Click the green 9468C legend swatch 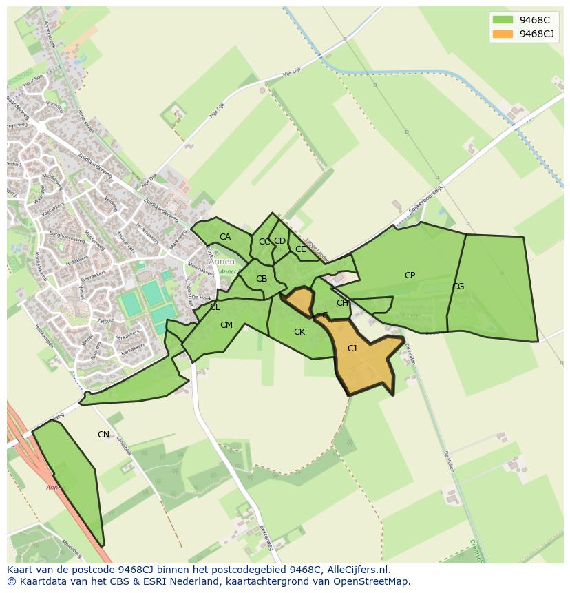pyautogui.click(x=503, y=19)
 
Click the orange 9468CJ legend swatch pyautogui.click(x=503, y=34)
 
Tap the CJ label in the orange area pyautogui.click(x=352, y=348)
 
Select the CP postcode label pyautogui.click(x=410, y=275)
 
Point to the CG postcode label pyautogui.click(x=458, y=287)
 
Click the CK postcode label pyautogui.click(x=299, y=332)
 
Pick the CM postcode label pyautogui.click(x=226, y=325)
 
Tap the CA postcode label pyautogui.click(x=225, y=237)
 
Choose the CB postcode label pyautogui.click(x=262, y=279)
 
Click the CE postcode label pyautogui.click(x=300, y=249)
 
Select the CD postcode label pyautogui.click(x=279, y=241)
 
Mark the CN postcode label pyautogui.click(x=103, y=435)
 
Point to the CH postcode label pyautogui.click(x=342, y=303)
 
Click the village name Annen pyautogui.click(x=222, y=262)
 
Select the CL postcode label pyautogui.click(x=215, y=307)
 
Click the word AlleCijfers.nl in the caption pyautogui.click(x=359, y=570)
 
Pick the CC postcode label pyautogui.click(x=264, y=242)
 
